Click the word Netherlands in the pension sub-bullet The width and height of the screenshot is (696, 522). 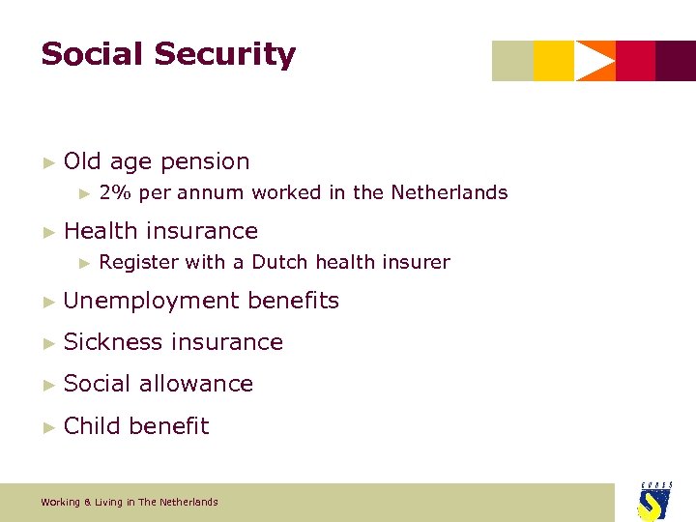pos(449,192)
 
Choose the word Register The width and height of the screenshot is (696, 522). pos(138,262)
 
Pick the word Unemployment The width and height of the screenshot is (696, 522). pos(152,301)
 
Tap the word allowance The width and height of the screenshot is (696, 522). pos(196,384)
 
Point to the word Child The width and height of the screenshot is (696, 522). pos(92,426)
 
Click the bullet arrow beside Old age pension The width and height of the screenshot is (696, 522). pos(49,161)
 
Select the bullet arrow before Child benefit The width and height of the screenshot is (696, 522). pos(49,426)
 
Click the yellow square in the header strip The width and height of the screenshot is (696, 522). pos(554,61)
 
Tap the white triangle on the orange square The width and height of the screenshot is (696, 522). pos(594,61)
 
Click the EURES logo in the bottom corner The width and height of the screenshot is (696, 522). pos(654,501)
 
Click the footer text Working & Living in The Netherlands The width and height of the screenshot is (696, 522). pos(130,502)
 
